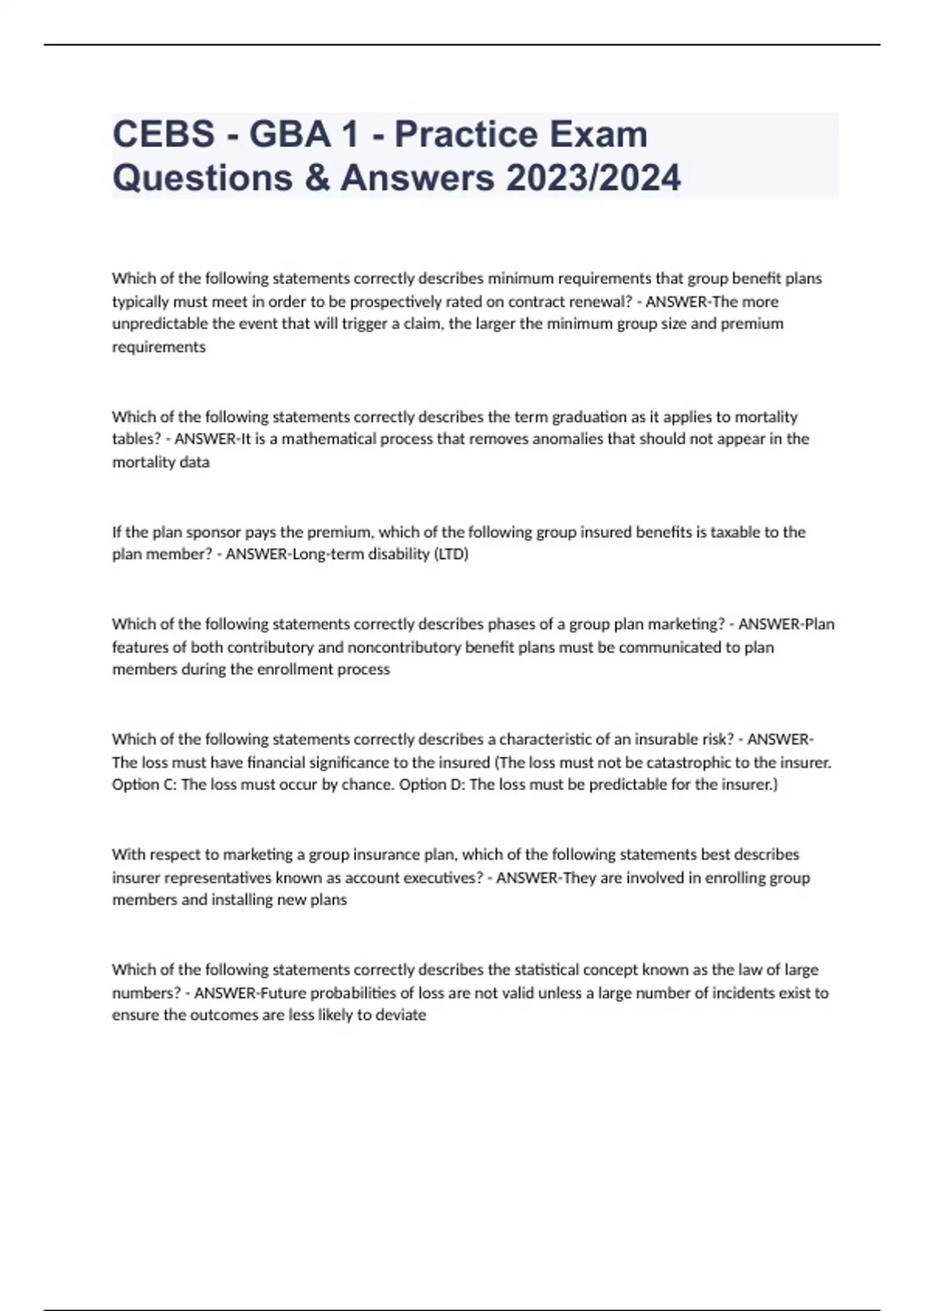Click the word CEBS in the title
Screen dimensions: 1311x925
(x=163, y=134)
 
